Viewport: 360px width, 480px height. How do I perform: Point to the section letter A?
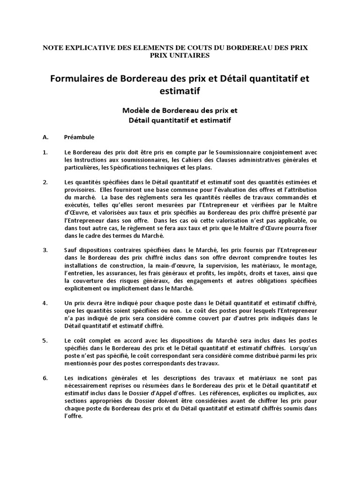(x=45, y=137)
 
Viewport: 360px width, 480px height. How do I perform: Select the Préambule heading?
(x=79, y=137)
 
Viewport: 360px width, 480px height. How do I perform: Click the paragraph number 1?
(x=45, y=152)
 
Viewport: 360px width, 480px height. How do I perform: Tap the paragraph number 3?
(x=45, y=250)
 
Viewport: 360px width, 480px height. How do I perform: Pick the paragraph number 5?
(x=45, y=340)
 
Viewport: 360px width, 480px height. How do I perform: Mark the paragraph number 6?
(x=45, y=377)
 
